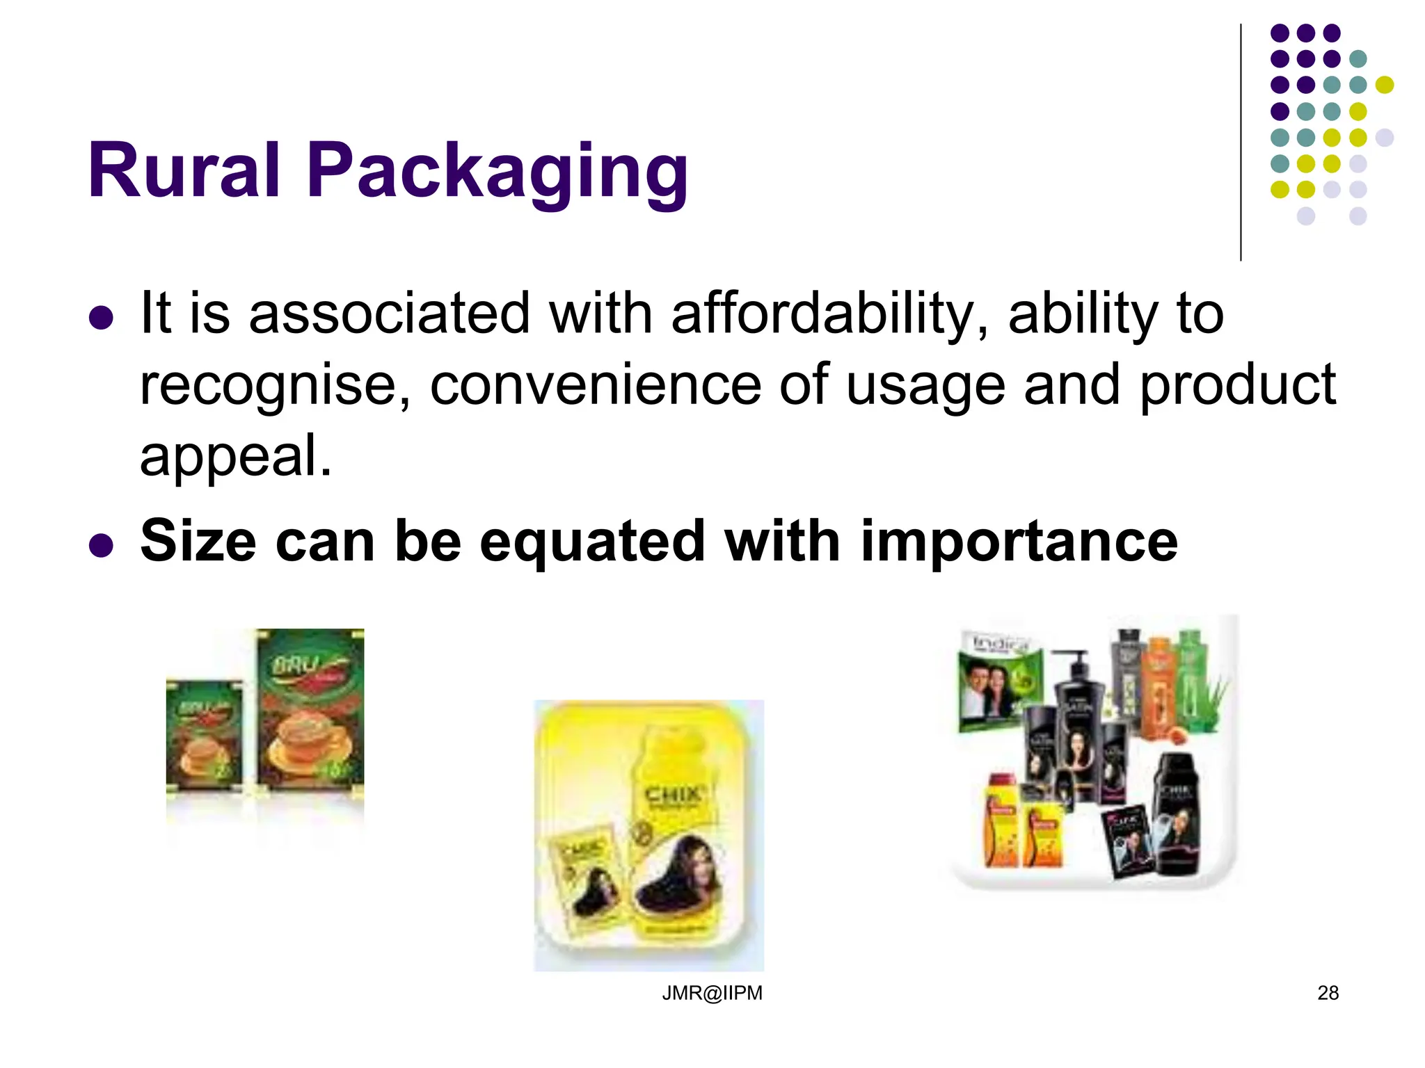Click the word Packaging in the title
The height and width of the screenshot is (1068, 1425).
click(x=497, y=172)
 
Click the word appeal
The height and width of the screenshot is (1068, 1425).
click(x=235, y=456)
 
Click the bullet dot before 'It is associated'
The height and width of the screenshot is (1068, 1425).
click(x=102, y=318)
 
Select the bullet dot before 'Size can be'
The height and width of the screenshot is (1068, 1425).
click(x=102, y=546)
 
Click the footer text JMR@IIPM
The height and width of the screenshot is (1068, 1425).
click(x=712, y=993)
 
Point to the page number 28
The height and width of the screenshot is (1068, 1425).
click(x=1328, y=993)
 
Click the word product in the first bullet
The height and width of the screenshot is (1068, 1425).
click(x=1238, y=386)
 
